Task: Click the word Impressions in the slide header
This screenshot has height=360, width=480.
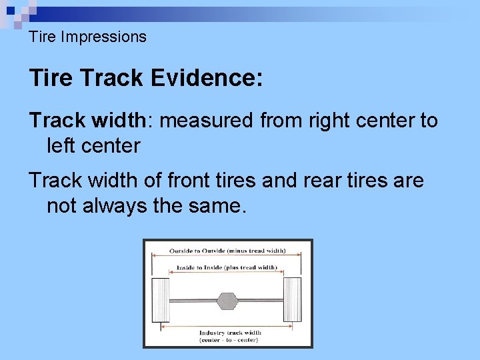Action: pyautogui.click(x=103, y=37)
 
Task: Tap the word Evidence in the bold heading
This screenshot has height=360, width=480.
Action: pyautogui.click(x=207, y=78)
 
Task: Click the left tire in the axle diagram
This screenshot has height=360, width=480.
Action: pyautogui.click(x=161, y=300)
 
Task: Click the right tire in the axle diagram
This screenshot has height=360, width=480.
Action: pyautogui.click(x=294, y=300)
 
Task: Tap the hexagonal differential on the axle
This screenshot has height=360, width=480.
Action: pyautogui.click(x=227, y=301)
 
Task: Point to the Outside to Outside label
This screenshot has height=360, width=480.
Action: pyautogui.click(x=227, y=251)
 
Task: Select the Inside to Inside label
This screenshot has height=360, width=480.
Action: pyautogui.click(x=227, y=267)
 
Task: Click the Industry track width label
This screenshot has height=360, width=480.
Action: pyautogui.click(x=230, y=333)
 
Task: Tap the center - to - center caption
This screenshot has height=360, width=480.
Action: pyautogui.click(x=230, y=340)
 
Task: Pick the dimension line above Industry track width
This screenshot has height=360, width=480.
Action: pyautogui.click(x=227, y=326)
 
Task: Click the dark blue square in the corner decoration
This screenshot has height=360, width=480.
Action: pyautogui.click(x=9, y=10)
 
